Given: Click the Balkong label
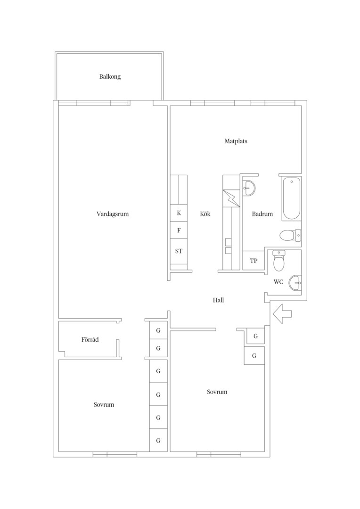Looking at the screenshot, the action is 110,77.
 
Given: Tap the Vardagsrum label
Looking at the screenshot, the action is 113,214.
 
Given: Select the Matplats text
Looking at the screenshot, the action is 236,141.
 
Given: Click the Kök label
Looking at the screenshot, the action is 205,214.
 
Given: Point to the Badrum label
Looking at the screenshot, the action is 262,214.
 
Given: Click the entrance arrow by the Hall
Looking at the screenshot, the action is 282,314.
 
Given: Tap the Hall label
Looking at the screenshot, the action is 219,300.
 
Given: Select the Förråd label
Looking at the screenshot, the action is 90,339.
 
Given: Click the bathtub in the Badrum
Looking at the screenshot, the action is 291,199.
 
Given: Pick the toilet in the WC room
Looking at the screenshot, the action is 278,261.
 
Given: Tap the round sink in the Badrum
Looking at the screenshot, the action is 249,187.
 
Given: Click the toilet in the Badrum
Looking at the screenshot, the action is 290,235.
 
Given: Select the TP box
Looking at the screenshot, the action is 254,260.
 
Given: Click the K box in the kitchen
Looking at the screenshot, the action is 179,213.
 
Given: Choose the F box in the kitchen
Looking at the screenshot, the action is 179,230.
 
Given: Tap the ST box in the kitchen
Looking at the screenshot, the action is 179,251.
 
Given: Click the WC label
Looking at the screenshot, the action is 278,282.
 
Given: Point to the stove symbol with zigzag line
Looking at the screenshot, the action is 231,198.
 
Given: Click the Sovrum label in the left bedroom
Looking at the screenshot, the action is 104,405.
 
